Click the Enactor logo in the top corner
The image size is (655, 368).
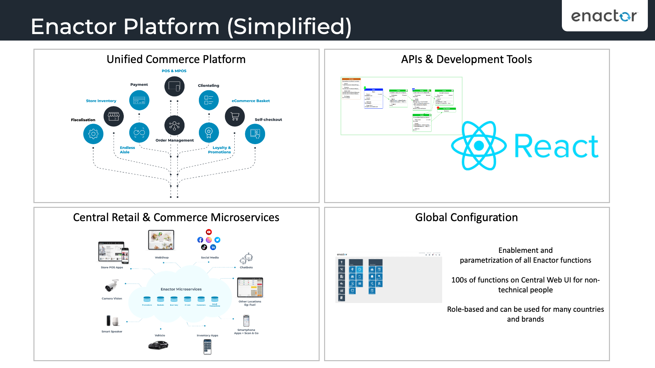(604, 16)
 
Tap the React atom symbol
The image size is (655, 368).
(479, 146)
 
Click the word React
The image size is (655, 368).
(556, 147)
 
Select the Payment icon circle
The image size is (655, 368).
(139, 101)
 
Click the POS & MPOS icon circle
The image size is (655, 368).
(174, 87)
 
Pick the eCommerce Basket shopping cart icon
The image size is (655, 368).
(235, 117)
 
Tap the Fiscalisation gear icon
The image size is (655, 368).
(93, 134)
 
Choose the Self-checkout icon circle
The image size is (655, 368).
(255, 134)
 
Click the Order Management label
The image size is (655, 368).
(174, 140)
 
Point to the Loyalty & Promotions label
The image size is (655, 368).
(220, 150)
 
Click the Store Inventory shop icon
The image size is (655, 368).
(114, 117)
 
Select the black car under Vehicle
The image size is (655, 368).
(158, 346)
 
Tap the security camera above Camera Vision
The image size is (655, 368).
(112, 286)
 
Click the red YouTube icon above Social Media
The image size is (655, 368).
(209, 232)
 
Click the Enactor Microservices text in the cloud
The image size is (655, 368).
(181, 289)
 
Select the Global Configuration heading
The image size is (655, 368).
(466, 217)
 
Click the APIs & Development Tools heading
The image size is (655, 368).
(466, 59)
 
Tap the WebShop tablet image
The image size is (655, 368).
(161, 240)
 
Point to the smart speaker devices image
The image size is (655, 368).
(112, 321)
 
